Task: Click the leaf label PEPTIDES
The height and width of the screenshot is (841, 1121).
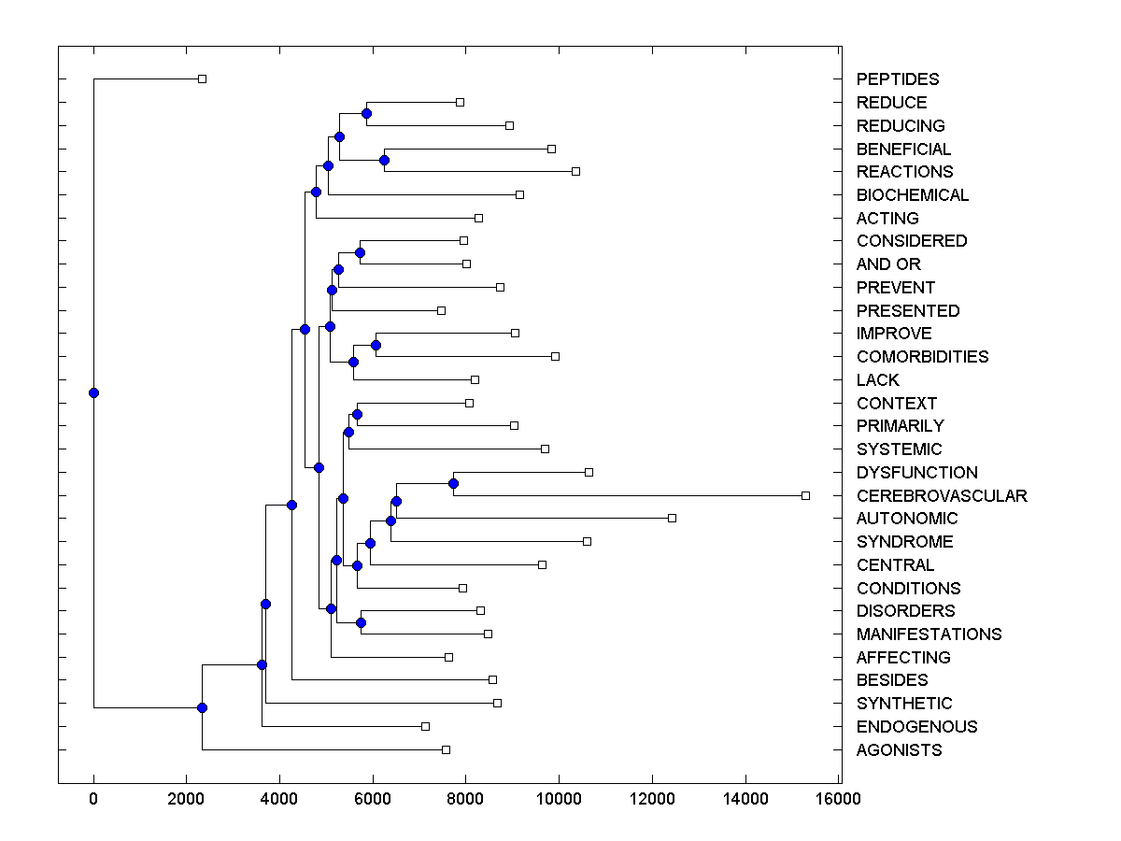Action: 898,79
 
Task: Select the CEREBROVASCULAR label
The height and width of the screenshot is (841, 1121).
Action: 942,495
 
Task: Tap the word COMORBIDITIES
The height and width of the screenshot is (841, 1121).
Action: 922,357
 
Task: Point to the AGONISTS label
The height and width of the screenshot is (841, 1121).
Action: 899,750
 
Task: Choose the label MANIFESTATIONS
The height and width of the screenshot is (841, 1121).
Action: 929,634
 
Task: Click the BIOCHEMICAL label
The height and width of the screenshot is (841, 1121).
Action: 912,195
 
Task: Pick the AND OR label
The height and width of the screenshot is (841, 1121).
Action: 888,264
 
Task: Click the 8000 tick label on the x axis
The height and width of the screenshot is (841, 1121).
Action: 466,798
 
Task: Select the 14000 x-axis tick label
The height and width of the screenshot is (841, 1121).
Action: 745,798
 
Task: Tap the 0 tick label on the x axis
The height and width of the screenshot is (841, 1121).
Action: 93,798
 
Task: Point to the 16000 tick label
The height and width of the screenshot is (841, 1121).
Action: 838,798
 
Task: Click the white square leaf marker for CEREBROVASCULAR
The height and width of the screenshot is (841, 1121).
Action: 805,495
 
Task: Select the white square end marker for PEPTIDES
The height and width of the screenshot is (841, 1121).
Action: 202,78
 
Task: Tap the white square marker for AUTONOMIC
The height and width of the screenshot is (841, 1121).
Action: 672,518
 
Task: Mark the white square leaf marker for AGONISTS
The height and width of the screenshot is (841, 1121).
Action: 446,749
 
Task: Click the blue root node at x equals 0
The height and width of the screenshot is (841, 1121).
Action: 93,392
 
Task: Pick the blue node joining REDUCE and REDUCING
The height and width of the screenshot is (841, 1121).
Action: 366,113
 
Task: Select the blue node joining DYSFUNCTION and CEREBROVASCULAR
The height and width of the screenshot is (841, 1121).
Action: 453,483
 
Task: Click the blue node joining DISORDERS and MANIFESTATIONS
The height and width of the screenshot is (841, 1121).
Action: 361,622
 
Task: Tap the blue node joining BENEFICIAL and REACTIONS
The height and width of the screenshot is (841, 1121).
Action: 384,160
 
